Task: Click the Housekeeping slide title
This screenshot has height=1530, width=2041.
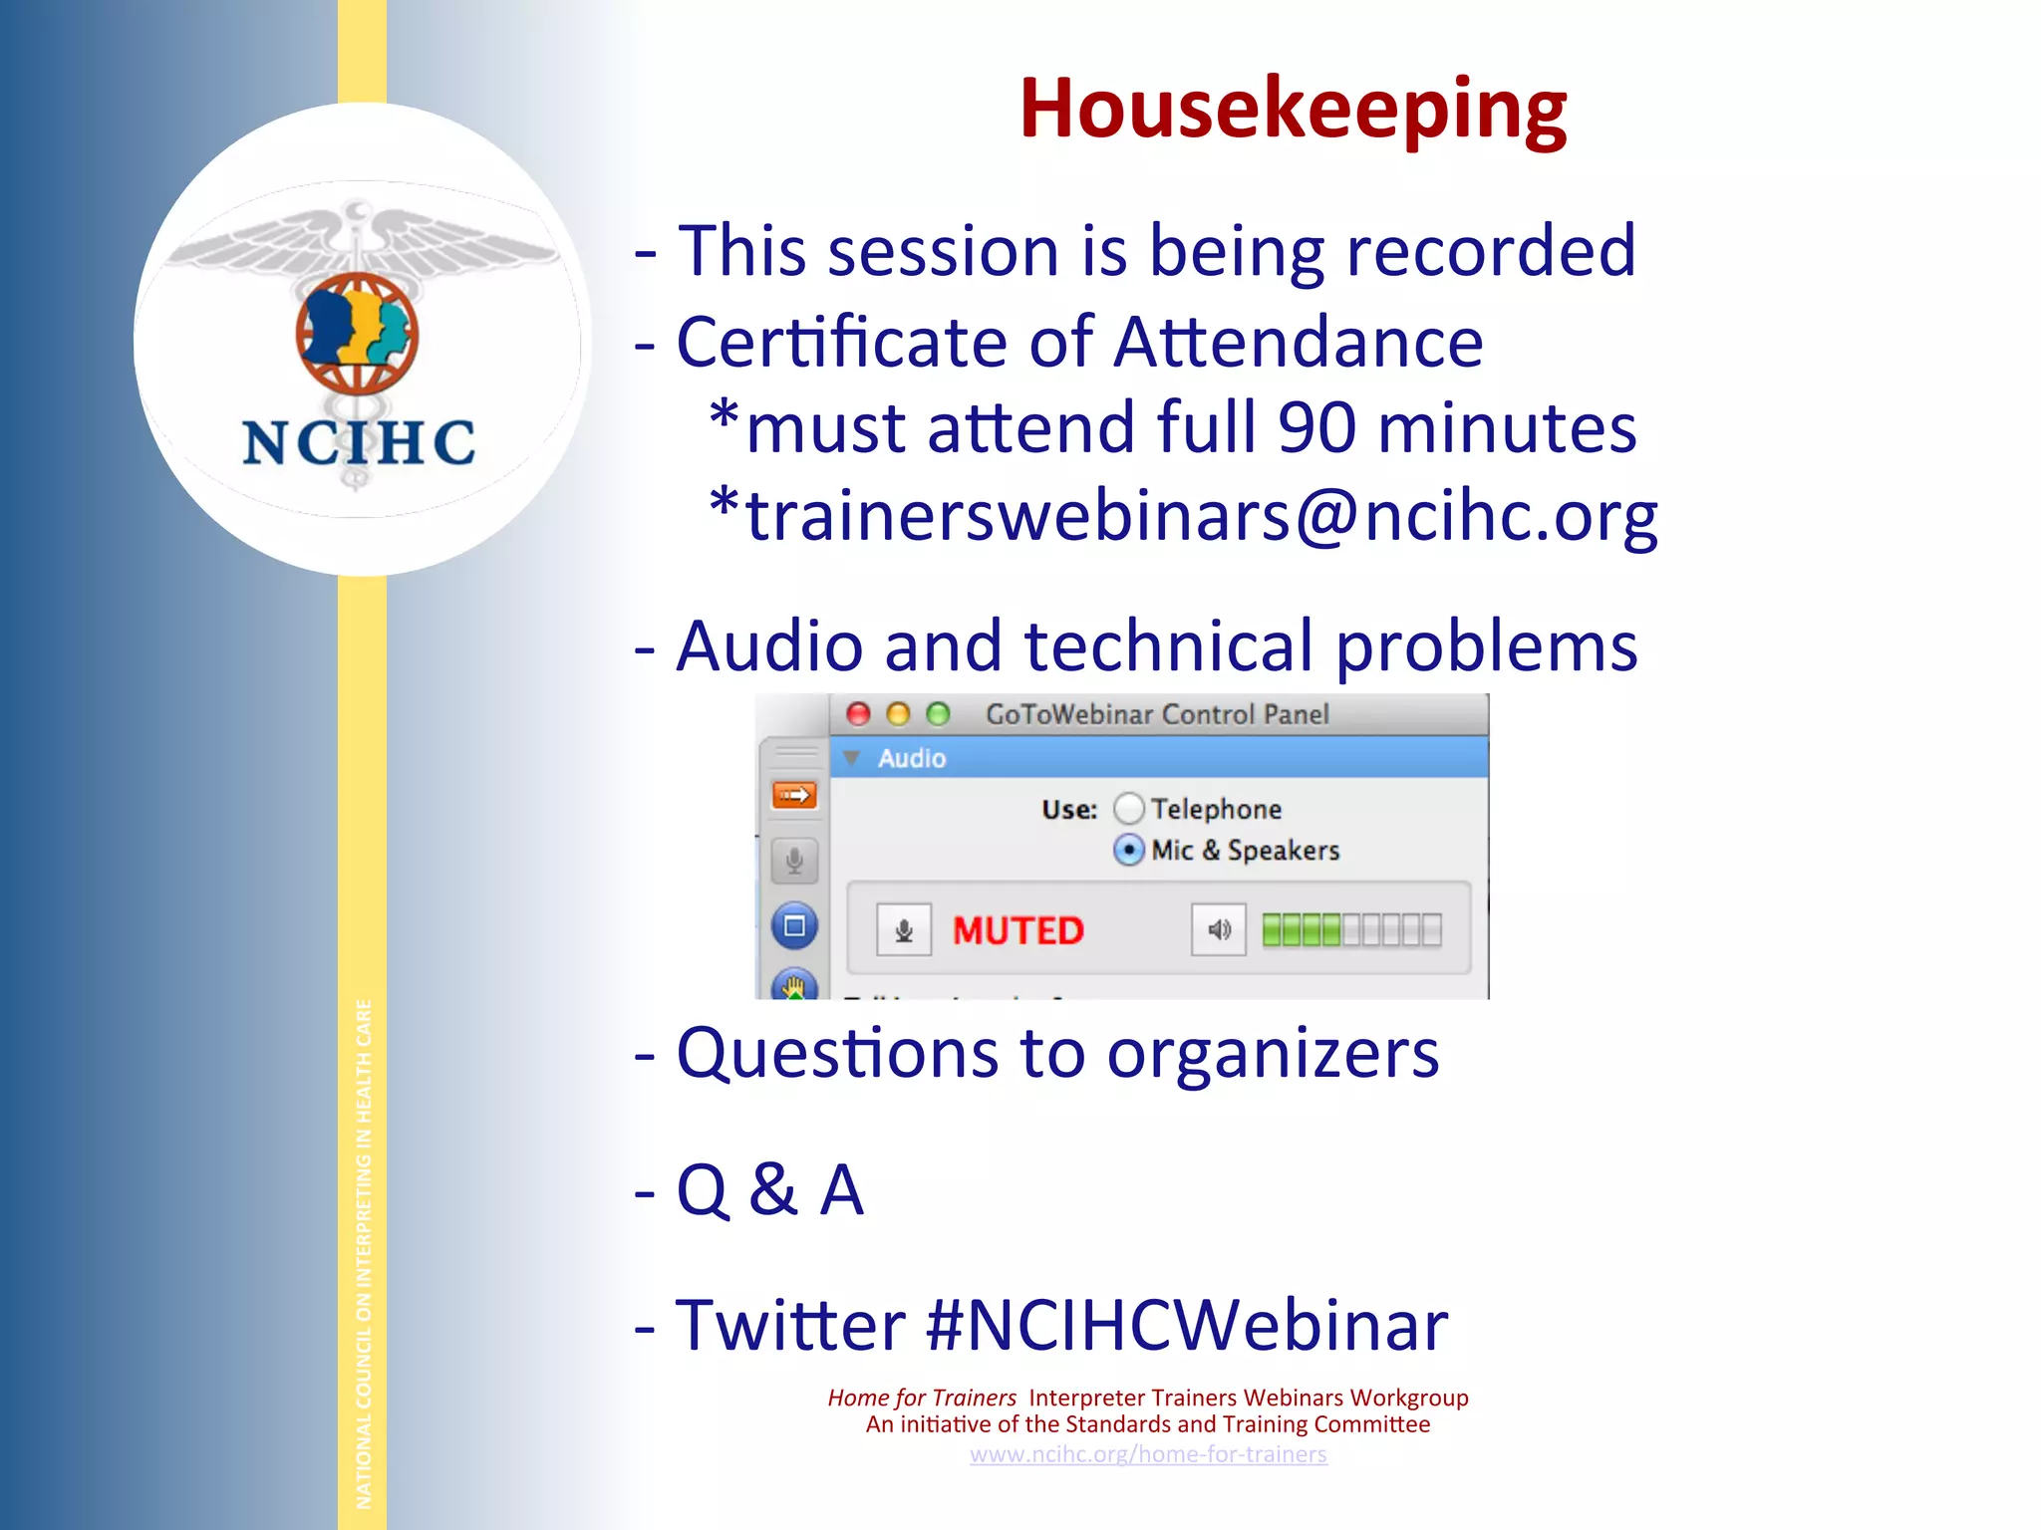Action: coord(1293,109)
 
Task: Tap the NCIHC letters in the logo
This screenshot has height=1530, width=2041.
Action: coord(359,442)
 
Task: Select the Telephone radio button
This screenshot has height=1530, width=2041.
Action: coord(1128,808)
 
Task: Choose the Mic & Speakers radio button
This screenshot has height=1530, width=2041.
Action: coord(1128,850)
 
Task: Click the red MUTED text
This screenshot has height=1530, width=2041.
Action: coord(1018,930)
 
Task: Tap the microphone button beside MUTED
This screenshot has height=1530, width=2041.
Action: coord(904,930)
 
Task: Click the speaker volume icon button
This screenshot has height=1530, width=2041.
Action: coord(1218,930)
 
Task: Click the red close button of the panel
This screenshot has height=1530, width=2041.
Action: coord(858,714)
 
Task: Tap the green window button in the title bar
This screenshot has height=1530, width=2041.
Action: coord(938,714)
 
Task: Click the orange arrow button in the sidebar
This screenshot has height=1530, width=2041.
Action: coord(794,795)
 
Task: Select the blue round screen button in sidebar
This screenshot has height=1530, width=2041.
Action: coord(794,926)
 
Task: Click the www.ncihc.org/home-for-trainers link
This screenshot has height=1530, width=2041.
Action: coord(1148,1454)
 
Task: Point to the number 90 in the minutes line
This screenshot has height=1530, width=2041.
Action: coord(1316,428)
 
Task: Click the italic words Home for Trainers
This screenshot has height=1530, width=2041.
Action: coord(922,1398)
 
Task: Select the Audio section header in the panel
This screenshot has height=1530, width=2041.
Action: coord(911,758)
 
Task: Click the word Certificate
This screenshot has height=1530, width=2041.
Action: coord(842,343)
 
